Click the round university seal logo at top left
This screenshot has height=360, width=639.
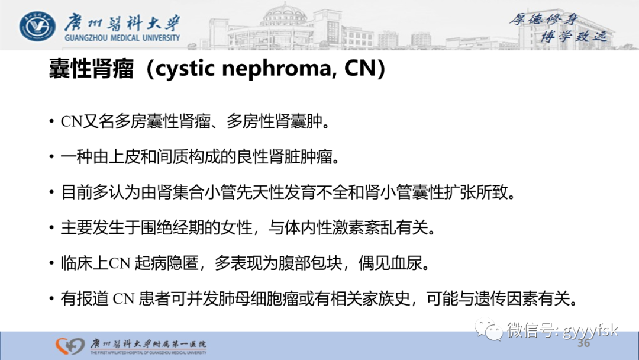coord(37,25)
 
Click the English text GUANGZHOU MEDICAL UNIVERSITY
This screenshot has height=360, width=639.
coord(121,38)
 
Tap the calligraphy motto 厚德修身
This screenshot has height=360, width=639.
coord(544,20)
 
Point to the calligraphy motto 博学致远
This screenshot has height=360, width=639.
coord(575,37)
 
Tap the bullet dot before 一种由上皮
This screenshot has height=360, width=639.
coord(51,157)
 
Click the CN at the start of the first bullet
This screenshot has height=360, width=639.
coord(71,123)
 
